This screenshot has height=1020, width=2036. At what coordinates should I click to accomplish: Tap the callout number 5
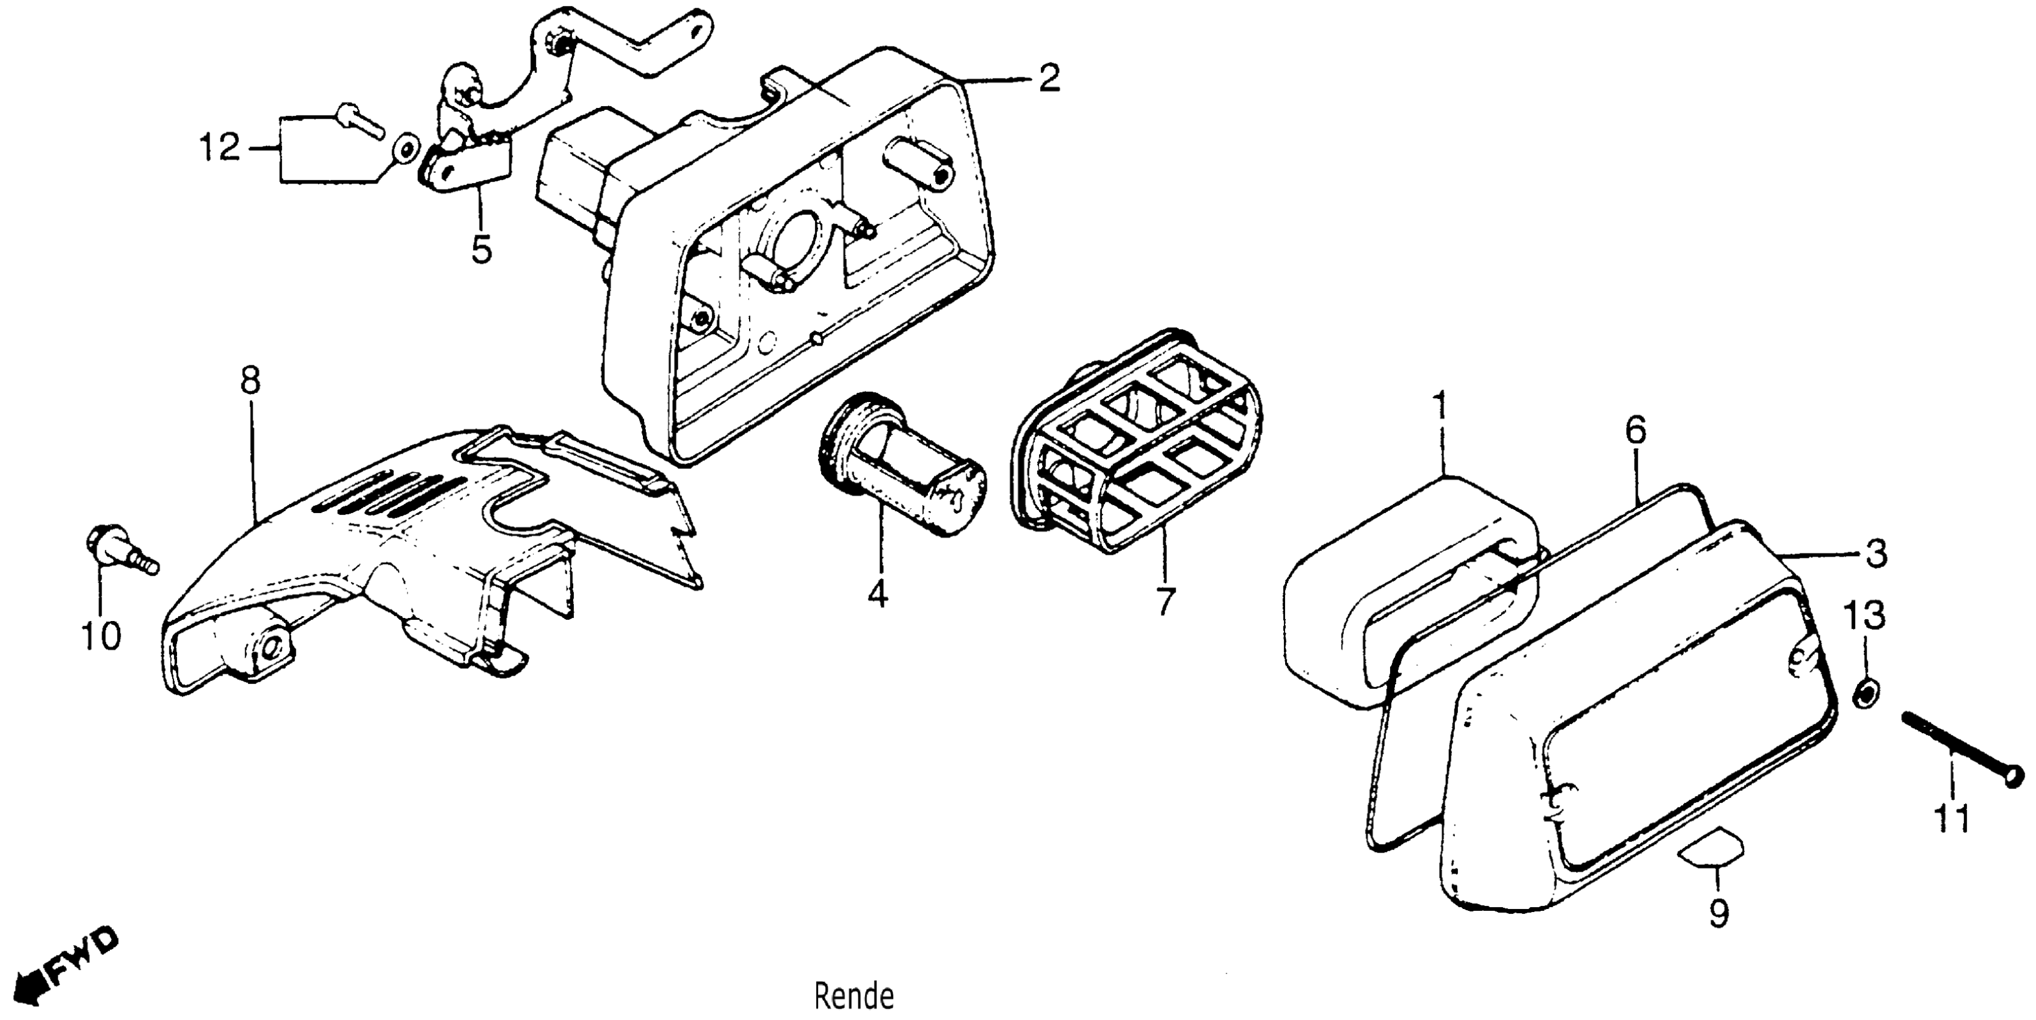tap(481, 249)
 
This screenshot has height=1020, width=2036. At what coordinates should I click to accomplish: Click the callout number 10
tap(101, 636)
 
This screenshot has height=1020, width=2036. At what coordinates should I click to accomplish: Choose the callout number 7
tap(1165, 601)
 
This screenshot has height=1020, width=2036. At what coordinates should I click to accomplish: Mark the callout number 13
tap(1866, 614)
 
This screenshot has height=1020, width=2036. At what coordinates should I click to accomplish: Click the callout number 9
tap(1719, 914)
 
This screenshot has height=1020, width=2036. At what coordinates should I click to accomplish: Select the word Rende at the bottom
tap(854, 997)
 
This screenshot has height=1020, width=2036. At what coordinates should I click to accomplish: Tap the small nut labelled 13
tap(1867, 694)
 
